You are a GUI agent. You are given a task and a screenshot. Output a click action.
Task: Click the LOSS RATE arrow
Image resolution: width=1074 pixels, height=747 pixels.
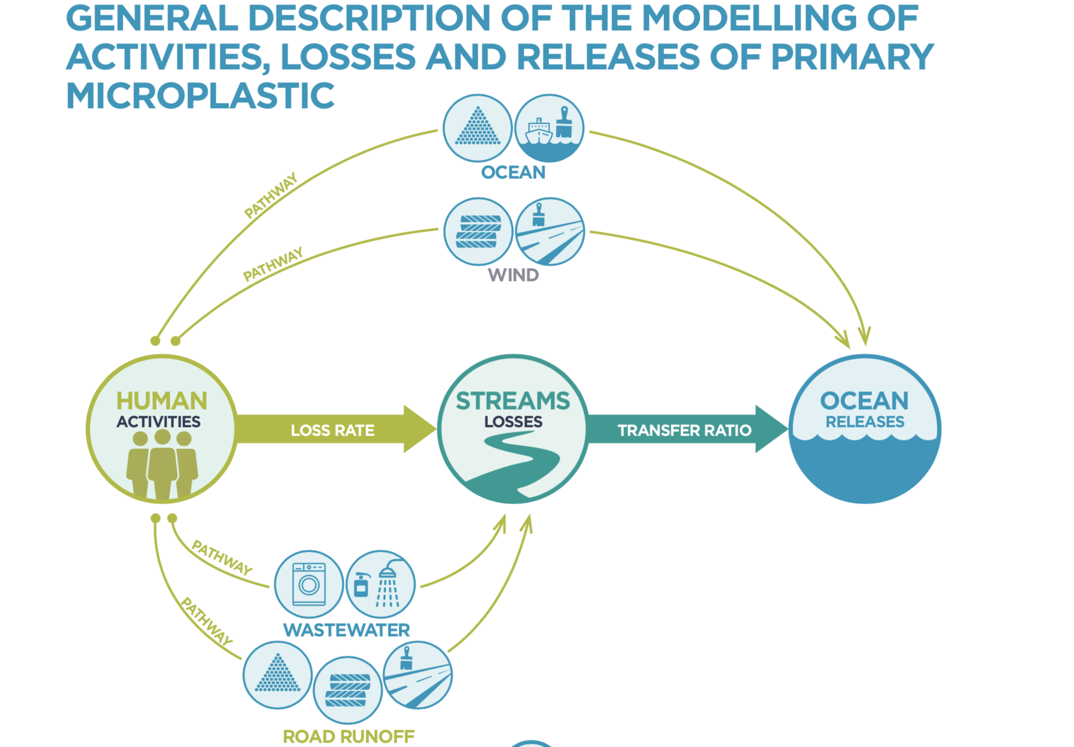[332, 430]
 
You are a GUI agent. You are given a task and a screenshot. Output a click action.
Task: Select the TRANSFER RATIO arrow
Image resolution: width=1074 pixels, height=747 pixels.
[684, 430]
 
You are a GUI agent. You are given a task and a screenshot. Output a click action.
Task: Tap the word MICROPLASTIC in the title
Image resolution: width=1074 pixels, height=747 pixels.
[200, 96]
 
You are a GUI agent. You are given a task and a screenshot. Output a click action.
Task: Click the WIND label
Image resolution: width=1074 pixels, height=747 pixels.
[513, 275]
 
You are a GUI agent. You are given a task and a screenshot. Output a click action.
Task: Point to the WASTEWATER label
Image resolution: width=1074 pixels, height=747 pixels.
[346, 630]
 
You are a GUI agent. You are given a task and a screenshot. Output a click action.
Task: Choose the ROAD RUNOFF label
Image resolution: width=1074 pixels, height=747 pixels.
[348, 736]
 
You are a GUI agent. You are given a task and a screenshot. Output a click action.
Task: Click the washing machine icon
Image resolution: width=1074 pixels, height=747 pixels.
[308, 584]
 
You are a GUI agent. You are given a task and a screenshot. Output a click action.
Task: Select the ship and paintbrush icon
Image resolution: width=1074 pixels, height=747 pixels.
[549, 129]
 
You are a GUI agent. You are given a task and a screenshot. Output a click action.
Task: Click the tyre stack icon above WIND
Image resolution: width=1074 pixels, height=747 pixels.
[478, 232]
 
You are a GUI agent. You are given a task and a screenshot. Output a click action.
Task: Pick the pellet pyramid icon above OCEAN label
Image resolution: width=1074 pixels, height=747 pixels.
[478, 128]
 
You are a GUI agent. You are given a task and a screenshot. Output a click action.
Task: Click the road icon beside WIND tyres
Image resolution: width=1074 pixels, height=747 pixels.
[549, 232]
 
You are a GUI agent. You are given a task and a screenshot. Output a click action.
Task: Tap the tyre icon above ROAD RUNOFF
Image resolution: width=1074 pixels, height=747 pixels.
[348, 690]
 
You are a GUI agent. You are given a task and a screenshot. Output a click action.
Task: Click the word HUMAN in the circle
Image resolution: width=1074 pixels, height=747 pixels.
[162, 401]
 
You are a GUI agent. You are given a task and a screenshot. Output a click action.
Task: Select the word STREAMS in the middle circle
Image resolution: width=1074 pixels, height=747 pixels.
[513, 401]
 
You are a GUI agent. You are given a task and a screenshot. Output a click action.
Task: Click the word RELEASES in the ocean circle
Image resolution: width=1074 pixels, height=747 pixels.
[864, 422]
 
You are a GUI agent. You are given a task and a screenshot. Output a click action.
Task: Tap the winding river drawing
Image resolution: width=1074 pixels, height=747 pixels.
[519, 465]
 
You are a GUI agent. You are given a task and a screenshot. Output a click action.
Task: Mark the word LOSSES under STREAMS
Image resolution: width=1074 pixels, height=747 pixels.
[513, 422]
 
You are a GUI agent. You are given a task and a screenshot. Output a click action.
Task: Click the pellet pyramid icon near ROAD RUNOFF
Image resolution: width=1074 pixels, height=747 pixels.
[277, 675]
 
